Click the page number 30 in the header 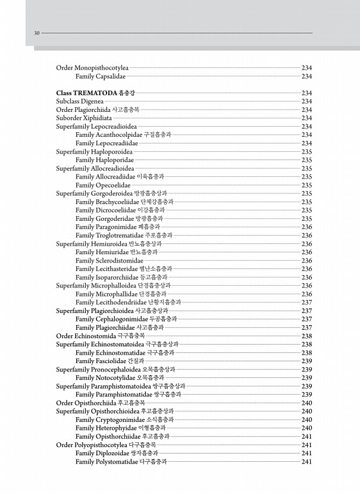(36, 33)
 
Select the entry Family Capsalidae (101, 76)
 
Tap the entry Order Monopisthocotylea (92, 68)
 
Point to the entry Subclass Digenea (80, 101)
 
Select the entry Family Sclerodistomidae (109, 260)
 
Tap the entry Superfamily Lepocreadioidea (96, 126)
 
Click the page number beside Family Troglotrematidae (307, 235)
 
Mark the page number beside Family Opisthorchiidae (307, 436)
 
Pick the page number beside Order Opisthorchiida (307, 403)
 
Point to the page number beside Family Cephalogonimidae (307, 319)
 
